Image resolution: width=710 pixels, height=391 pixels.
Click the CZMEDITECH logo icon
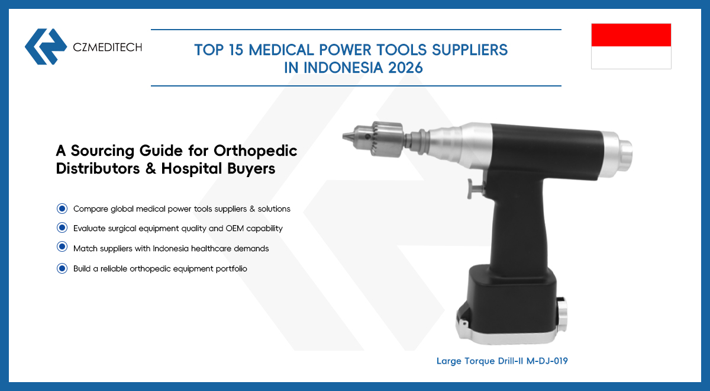(46, 47)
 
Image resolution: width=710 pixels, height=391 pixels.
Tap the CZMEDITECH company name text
(108, 47)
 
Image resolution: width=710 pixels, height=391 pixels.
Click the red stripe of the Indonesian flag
(631, 35)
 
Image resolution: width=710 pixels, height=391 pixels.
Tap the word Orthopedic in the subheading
(255, 151)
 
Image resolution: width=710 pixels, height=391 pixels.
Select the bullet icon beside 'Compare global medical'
(62, 209)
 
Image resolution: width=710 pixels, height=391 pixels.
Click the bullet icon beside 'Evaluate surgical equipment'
(62, 227)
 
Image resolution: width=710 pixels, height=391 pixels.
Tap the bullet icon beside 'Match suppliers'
(62, 246)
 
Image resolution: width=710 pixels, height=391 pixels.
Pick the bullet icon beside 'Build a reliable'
(62, 268)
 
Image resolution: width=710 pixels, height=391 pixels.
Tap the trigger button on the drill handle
(475, 189)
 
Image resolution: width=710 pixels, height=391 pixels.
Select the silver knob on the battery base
(562, 316)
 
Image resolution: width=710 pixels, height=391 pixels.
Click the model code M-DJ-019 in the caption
(547, 361)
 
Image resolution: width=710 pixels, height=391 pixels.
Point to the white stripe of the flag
(631, 57)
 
